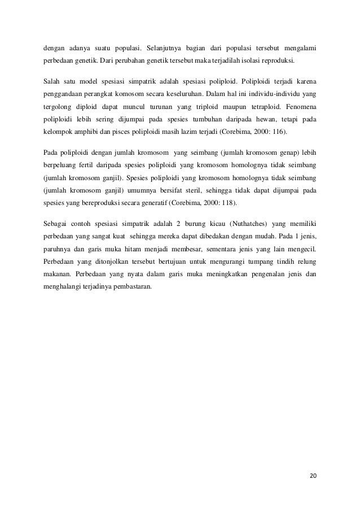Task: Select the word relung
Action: pos(305,263)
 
